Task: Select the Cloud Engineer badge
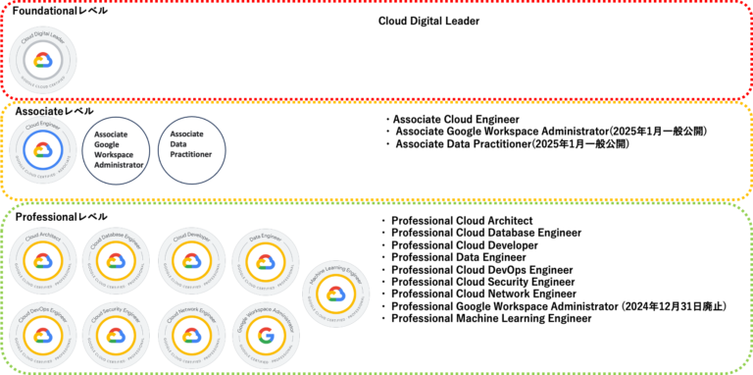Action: point(42,150)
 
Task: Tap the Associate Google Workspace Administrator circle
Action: point(116,150)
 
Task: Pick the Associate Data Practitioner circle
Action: point(191,150)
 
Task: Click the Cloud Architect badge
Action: point(42,260)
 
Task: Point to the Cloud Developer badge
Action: point(191,260)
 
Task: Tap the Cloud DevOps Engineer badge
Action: point(42,335)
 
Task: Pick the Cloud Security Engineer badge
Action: point(116,335)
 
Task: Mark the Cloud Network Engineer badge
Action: point(191,335)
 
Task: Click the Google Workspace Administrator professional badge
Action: point(266,335)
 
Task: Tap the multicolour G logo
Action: point(266,336)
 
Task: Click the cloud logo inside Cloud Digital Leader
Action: point(42,61)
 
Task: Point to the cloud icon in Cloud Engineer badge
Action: point(42,150)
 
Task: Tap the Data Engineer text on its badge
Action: point(266,238)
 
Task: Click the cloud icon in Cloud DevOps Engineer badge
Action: point(42,336)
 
